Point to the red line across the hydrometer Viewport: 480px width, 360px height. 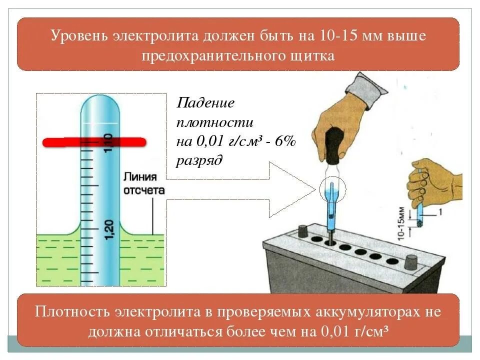(x=94, y=142)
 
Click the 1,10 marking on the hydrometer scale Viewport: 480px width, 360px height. (x=108, y=144)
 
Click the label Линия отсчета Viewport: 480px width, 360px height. (x=143, y=183)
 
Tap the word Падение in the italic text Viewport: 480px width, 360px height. (x=205, y=103)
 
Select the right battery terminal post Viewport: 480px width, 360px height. (x=411, y=261)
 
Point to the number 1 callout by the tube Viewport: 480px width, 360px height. (x=440, y=212)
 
